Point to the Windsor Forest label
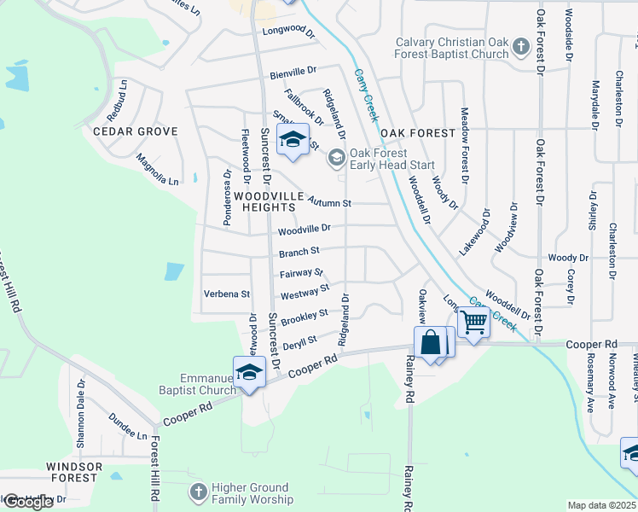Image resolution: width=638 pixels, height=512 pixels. click(x=74, y=472)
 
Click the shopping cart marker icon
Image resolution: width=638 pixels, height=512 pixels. click(x=473, y=323)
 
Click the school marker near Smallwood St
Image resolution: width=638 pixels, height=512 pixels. click(x=293, y=140)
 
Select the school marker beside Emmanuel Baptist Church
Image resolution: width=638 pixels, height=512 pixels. click(x=248, y=373)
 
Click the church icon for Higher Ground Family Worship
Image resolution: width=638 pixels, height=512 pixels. click(x=198, y=492)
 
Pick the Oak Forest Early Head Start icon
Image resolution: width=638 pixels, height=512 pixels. click(x=336, y=156)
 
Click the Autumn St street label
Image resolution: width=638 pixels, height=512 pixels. click(x=330, y=203)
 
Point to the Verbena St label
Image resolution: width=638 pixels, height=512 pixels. click(x=226, y=294)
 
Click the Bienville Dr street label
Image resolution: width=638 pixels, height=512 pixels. click(x=293, y=74)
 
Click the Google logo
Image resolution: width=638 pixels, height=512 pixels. click(x=27, y=502)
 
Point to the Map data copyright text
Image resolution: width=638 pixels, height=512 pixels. click(x=602, y=505)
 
